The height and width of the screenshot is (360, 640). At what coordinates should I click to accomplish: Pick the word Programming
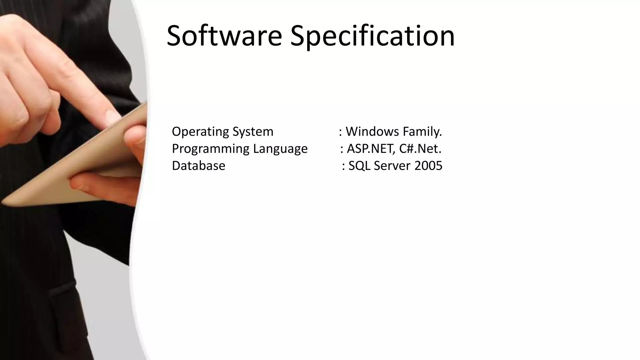coord(210,149)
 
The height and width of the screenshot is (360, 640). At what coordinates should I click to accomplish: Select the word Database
coord(198,166)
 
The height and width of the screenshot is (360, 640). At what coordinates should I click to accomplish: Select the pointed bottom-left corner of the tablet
coord(4,203)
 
